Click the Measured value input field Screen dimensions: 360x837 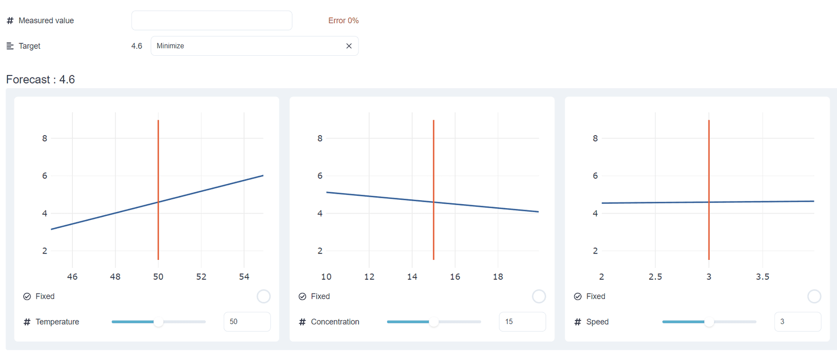pyautogui.click(x=211, y=21)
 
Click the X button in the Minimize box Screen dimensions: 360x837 pyautogui.click(x=349, y=46)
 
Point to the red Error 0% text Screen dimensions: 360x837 pyautogui.click(x=343, y=21)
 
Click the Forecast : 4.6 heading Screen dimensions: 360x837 pyautogui.click(x=40, y=79)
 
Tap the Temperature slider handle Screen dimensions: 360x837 pyautogui.click(x=158, y=322)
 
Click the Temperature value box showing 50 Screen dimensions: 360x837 pyautogui.click(x=246, y=322)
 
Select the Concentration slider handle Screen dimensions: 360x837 pyautogui.click(x=433, y=322)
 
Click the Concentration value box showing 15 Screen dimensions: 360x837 pyautogui.click(x=522, y=322)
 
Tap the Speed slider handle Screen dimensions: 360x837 pyautogui.click(x=709, y=322)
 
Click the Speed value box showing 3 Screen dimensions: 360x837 pyautogui.click(x=797, y=322)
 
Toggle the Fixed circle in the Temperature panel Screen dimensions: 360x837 pyautogui.click(x=264, y=296)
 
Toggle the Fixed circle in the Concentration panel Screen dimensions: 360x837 pyautogui.click(x=539, y=296)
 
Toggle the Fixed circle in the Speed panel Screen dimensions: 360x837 pyautogui.click(x=814, y=296)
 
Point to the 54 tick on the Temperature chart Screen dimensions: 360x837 pyautogui.click(x=244, y=277)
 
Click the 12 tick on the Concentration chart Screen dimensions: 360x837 pyautogui.click(x=369, y=277)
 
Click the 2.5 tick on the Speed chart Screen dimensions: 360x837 pyautogui.click(x=655, y=277)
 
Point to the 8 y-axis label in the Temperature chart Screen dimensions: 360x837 pyautogui.click(x=45, y=139)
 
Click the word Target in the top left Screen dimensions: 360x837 pyautogui.click(x=29, y=46)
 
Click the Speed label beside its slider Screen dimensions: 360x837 pyautogui.click(x=597, y=322)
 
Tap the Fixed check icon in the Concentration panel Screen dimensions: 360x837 pyautogui.click(x=303, y=296)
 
